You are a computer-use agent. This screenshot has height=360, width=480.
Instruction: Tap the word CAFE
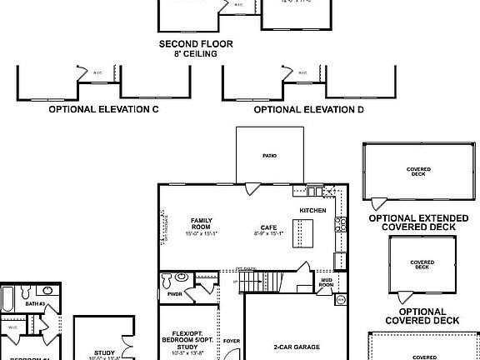pos(268,227)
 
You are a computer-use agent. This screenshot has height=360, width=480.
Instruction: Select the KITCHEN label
pos(312,211)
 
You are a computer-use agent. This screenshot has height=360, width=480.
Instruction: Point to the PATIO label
pos(269,156)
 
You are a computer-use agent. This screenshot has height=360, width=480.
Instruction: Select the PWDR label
pos(174,294)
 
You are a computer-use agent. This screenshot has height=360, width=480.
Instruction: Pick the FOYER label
pos(231,341)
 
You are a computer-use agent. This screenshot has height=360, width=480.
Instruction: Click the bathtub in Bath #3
pos(7,298)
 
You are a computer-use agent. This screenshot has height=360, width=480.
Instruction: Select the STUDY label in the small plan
pos(104,352)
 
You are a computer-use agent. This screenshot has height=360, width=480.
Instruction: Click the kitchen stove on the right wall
pos(339,223)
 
